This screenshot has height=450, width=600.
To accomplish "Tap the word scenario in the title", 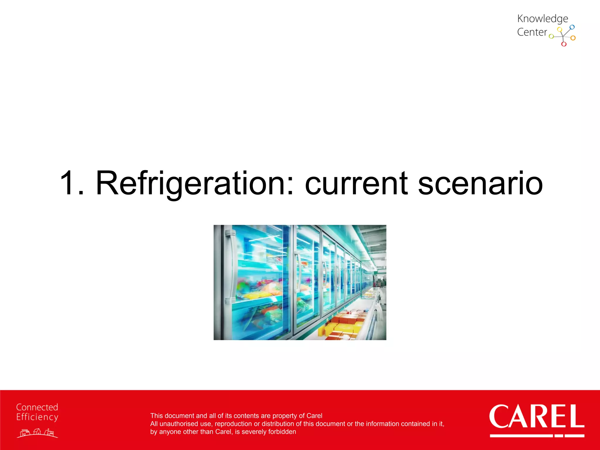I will tap(480, 184).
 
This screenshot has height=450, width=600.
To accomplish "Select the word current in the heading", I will tap(356, 184).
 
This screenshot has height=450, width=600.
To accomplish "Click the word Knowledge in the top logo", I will tap(542, 19).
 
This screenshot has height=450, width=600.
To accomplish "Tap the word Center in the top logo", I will tap(532, 32).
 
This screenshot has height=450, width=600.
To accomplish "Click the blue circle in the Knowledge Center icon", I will tap(572, 27).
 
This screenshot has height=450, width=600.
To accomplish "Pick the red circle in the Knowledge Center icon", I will tap(564, 44).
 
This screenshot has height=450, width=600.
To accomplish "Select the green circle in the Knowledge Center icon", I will tap(551, 37).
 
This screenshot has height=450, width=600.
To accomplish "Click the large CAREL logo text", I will tap(536, 416).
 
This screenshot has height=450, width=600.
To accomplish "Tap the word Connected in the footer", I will tap(37, 407).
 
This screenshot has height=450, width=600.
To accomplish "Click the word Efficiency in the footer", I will tap(37, 417).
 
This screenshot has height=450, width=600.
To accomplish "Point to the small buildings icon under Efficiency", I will tap(37, 433).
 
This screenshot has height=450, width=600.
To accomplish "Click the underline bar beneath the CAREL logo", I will tap(537, 436).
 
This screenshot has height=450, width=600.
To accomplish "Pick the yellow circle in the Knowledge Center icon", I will tap(559, 29).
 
